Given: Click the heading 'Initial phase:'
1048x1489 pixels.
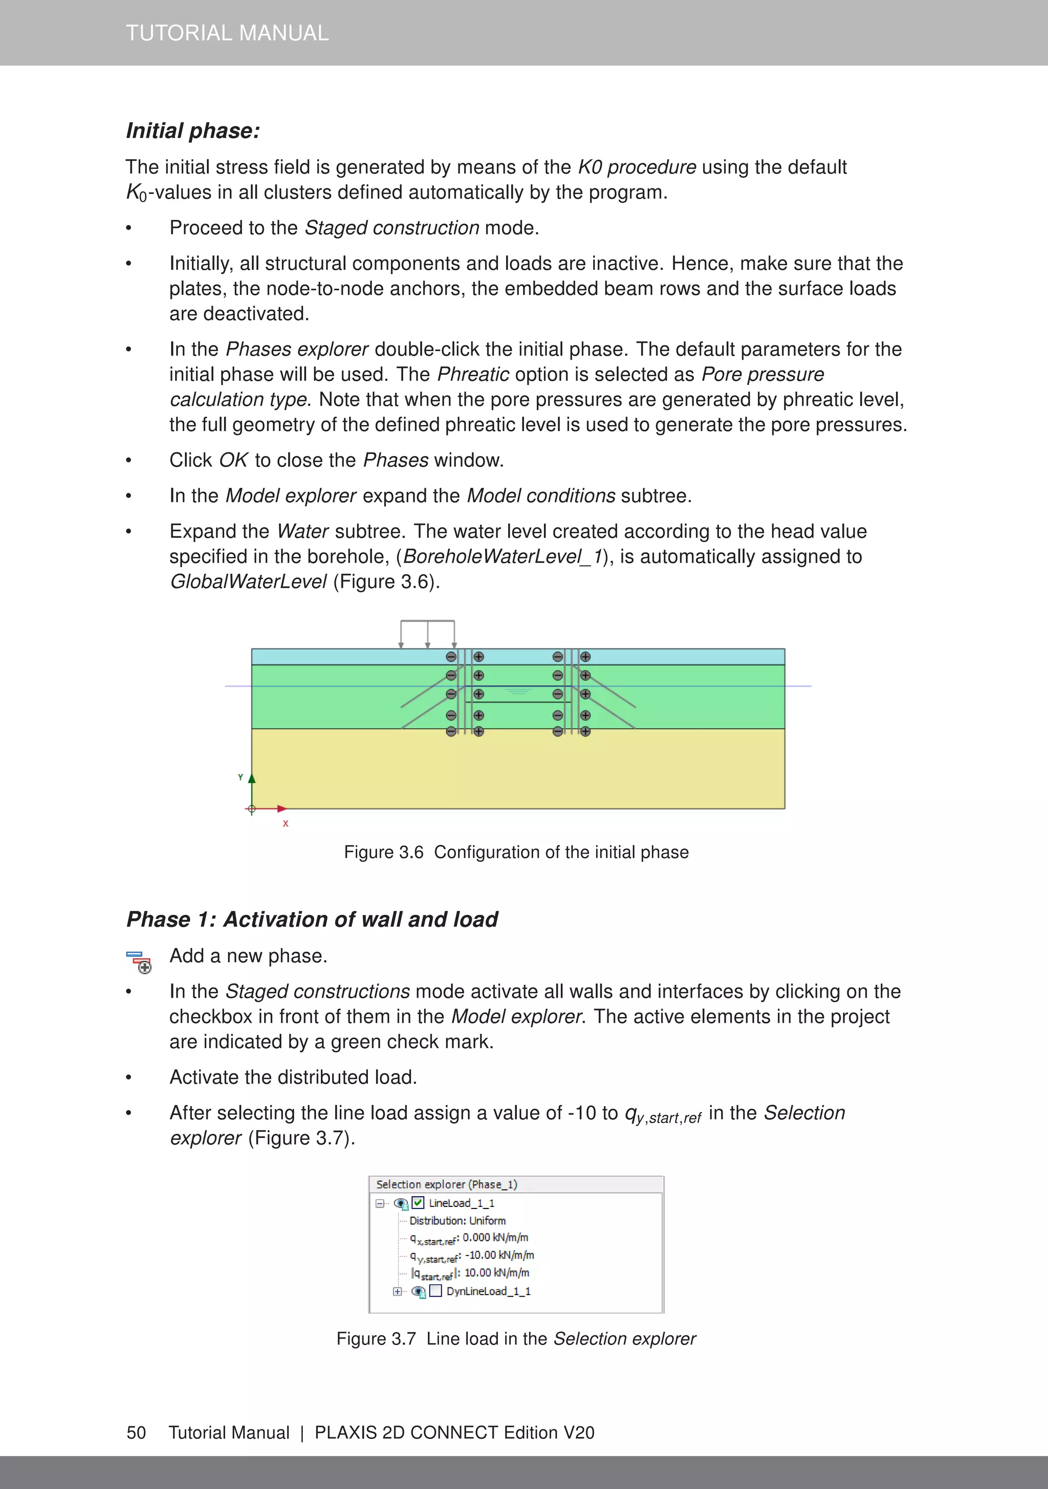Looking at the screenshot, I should pyautogui.click(x=192, y=131).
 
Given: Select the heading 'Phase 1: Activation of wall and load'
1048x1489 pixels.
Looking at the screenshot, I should pyautogui.click(x=312, y=919).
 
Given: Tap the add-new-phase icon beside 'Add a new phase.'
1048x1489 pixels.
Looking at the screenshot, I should pyautogui.click(x=139, y=961).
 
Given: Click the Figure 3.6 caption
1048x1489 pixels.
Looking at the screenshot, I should pyautogui.click(x=516, y=852).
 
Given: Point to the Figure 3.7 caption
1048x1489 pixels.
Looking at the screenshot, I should pyautogui.click(x=516, y=1339).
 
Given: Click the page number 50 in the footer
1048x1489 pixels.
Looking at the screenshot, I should pyautogui.click(x=136, y=1432).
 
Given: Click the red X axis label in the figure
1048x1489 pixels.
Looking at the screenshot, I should pyautogui.click(x=286, y=824).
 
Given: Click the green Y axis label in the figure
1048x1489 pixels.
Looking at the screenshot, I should pyautogui.click(x=241, y=777).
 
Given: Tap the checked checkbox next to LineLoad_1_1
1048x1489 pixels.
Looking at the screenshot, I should pyautogui.click(x=418, y=1202).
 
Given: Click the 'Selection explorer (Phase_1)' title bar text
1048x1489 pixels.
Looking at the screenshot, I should pyautogui.click(x=446, y=1184).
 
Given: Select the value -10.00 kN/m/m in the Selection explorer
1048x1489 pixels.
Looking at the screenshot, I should pyautogui.click(x=499, y=1255).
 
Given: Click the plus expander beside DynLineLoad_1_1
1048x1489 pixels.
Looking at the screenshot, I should pyautogui.click(x=397, y=1291).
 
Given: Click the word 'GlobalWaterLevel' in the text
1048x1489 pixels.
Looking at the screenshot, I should pyautogui.click(x=248, y=581).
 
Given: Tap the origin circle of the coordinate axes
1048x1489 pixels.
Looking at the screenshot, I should pyautogui.click(x=252, y=809).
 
